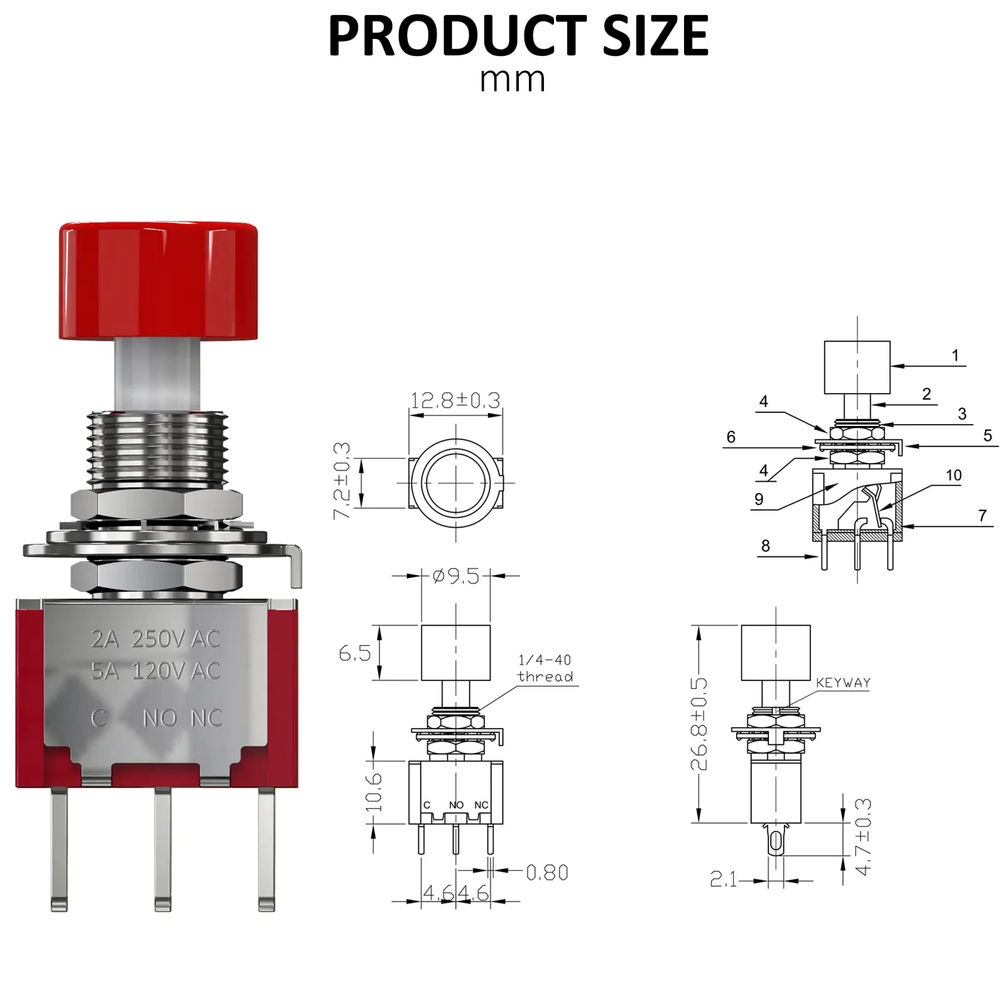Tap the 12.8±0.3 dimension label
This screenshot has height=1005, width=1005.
(x=455, y=401)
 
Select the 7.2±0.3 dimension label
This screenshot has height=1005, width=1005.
(x=342, y=481)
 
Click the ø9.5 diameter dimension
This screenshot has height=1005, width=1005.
(x=456, y=576)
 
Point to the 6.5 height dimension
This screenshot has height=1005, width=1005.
(x=354, y=653)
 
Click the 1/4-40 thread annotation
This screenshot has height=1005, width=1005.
(x=545, y=668)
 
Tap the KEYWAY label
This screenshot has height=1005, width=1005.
(x=843, y=683)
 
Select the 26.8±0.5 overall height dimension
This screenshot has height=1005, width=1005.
(x=699, y=724)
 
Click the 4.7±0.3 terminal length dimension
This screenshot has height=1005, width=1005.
(x=864, y=837)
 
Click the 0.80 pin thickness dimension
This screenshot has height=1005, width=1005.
(x=546, y=872)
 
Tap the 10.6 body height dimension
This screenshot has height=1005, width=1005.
(x=374, y=791)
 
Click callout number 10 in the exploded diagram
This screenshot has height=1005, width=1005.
(x=953, y=475)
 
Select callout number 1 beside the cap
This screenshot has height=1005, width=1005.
(x=955, y=356)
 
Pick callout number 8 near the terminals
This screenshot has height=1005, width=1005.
(x=765, y=546)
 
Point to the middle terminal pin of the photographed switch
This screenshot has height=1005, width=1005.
(x=163, y=848)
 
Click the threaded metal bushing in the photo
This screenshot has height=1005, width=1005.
(x=157, y=450)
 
